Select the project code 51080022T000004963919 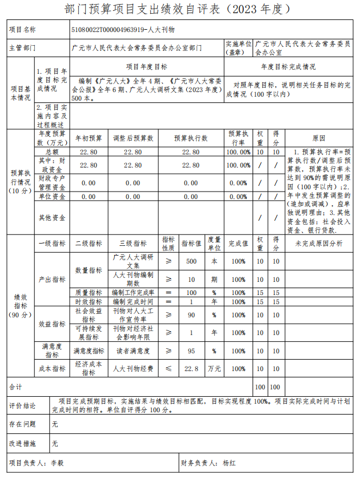pyautogui.click(x=106, y=29)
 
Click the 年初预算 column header pyautogui.click(x=89, y=138)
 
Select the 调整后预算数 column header pyautogui.click(x=133, y=138)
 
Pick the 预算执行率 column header pyautogui.click(x=238, y=138)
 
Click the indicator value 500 pyautogui.click(x=191, y=261)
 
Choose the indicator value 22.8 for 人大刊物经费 pyautogui.click(x=191, y=369)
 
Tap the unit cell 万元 pyautogui.click(x=214, y=369)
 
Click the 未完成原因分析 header pyautogui.click(x=319, y=243)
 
